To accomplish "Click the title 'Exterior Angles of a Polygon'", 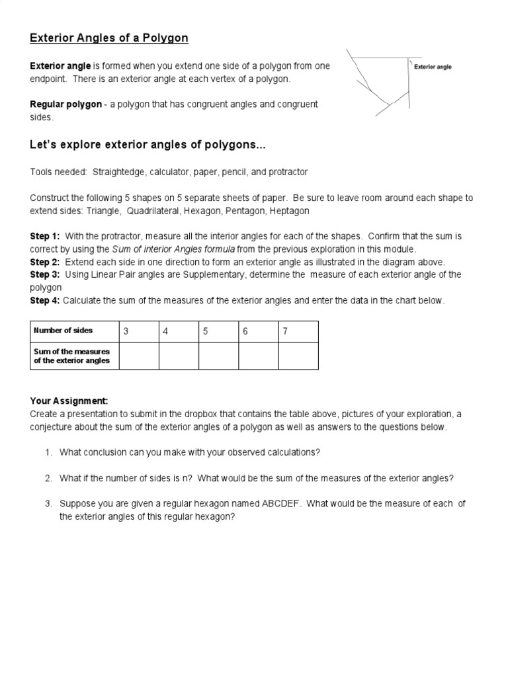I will pos(109,38).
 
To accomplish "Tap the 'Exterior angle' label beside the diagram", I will pos(433,67).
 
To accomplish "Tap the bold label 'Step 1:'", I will pos(45,236).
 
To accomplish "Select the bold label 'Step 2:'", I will pos(45,262).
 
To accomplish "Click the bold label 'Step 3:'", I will pos(45,274).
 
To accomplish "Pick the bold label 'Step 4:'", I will pos(45,301).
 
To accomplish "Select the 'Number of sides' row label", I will pos(63,331).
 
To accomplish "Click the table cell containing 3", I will pos(139,331).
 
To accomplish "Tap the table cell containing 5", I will pos(218,331).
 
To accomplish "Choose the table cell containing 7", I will pos(298,331).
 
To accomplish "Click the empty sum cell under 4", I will pos(179,356).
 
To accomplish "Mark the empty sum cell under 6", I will pos(258,356).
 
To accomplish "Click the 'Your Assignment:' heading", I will pos(69,401).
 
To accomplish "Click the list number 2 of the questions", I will pos(48,478).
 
